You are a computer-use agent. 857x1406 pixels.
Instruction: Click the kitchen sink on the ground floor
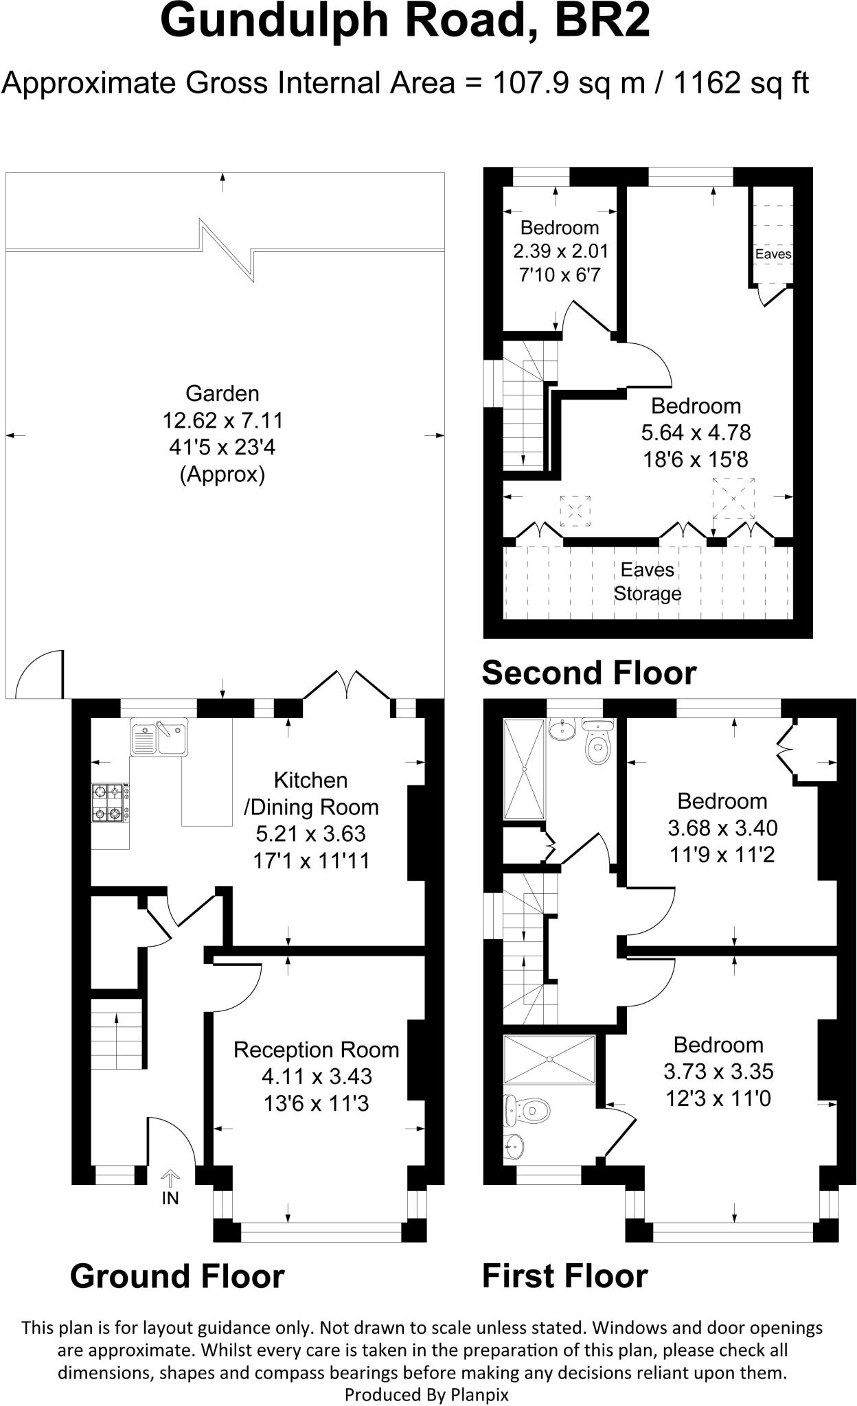(159, 737)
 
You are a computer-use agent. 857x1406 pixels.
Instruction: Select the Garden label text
(222, 393)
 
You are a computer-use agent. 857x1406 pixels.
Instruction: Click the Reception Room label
(316, 1050)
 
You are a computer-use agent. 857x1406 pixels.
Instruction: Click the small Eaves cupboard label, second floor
(773, 254)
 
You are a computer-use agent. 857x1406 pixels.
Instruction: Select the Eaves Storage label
(648, 581)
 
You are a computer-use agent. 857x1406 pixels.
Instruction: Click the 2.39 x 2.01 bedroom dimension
(560, 251)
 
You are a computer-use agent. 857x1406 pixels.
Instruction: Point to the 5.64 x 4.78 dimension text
(696, 433)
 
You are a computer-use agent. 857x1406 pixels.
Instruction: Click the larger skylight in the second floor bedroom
(733, 497)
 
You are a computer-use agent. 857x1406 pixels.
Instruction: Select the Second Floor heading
(589, 673)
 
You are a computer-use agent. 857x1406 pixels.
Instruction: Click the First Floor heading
(564, 1276)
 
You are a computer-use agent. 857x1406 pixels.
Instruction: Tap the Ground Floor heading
(177, 1276)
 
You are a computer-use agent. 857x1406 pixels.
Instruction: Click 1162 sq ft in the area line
(741, 83)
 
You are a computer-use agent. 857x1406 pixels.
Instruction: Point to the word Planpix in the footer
(480, 1394)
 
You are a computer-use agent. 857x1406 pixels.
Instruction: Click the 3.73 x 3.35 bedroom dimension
(718, 1072)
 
